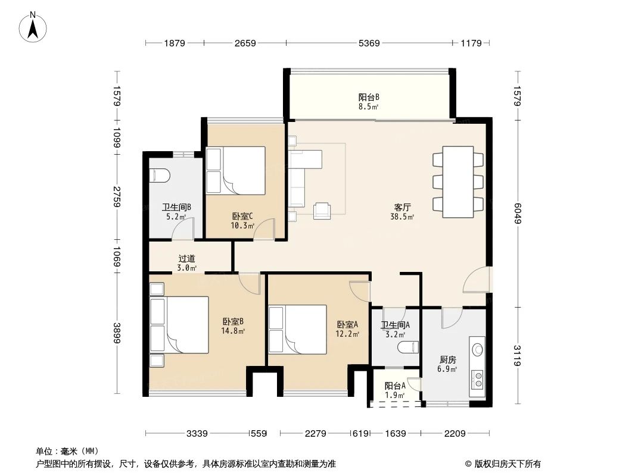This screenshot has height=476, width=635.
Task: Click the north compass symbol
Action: tap(34, 26)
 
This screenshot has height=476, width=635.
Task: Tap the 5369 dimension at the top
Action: tap(368, 43)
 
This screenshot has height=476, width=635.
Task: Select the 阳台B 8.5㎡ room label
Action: tap(369, 101)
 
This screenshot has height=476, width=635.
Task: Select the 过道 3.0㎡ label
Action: tap(186, 263)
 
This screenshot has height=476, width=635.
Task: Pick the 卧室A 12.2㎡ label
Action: tap(348, 329)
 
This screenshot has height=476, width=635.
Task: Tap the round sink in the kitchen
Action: tap(477, 349)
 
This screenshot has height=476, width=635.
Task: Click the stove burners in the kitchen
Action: tap(477, 379)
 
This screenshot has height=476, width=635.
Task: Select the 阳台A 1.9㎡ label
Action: tap(394, 390)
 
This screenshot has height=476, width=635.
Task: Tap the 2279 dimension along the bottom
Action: tap(315, 434)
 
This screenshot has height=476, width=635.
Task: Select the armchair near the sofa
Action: tap(323, 209)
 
